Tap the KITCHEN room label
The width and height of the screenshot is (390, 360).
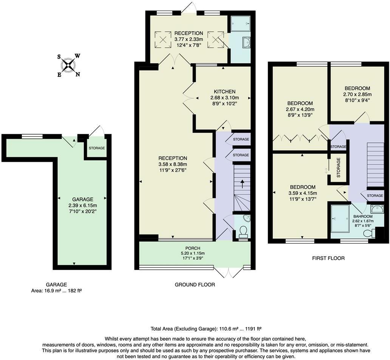click(224, 92)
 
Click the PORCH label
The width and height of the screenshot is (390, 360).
click(193, 248)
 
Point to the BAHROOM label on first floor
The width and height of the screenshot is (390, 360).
click(363, 216)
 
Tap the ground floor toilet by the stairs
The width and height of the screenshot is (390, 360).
click(242, 231)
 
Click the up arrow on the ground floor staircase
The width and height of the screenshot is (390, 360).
click(242, 185)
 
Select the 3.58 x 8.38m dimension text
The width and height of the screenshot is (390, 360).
click(173, 164)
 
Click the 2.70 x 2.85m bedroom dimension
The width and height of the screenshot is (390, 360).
click(357, 95)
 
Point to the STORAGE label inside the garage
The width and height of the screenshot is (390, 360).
click(97, 148)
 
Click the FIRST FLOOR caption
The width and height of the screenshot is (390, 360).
click(328, 258)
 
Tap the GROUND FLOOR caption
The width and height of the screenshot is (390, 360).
click(195, 285)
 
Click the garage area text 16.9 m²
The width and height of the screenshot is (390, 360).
click(56, 290)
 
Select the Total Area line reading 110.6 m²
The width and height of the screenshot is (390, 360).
click(206, 329)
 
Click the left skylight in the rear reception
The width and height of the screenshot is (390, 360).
click(163, 39)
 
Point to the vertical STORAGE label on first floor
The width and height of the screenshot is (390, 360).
click(338, 168)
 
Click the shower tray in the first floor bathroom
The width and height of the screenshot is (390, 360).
click(340, 219)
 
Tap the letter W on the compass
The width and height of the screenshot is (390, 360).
click(77, 56)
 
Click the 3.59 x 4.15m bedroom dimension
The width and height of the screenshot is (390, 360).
click(302, 193)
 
